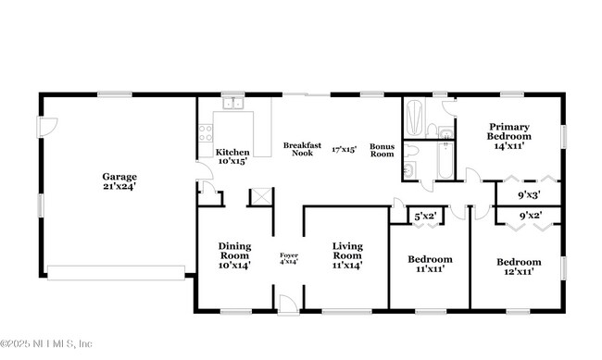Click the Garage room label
(x=119, y=181)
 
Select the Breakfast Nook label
(x=302, y=149)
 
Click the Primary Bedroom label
(x=509, y=136)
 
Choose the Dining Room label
(x=234, y=255)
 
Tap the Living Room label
(x=347, y=255)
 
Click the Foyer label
(x=289, y=257)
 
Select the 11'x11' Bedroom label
(x=430, y=264)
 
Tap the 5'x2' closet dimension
(x=425, y=217)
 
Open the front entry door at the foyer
(x=288, y=302)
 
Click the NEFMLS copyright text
(x=46, y=343)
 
